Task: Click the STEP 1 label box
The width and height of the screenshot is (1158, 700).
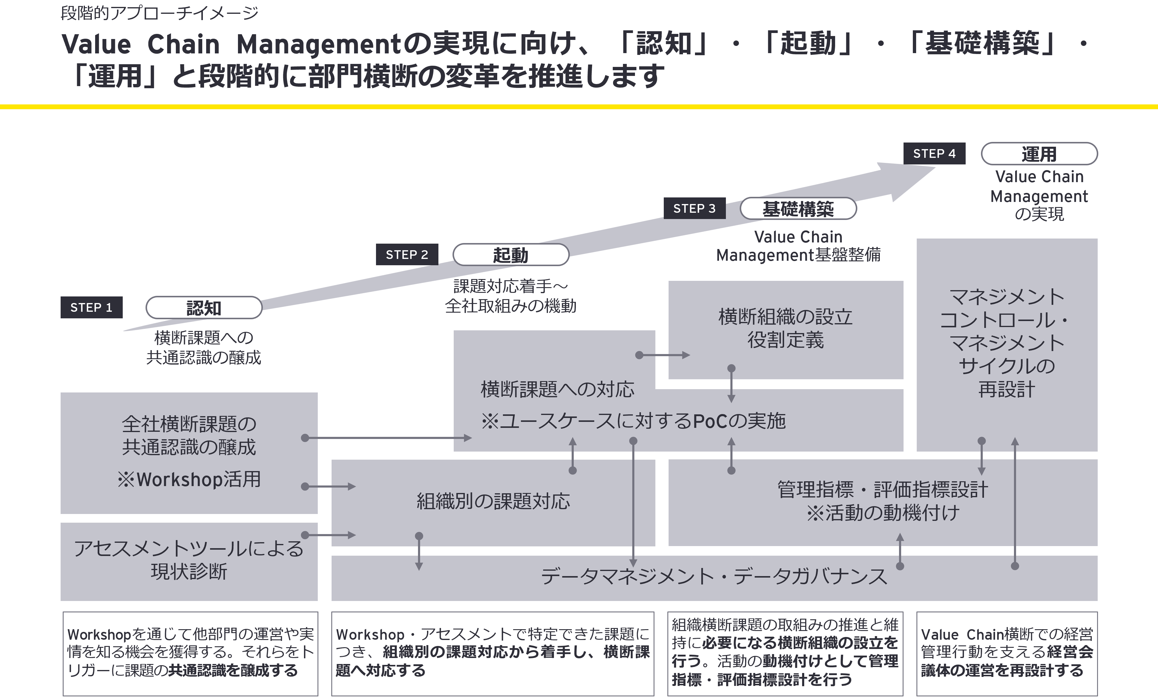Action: (91, 308)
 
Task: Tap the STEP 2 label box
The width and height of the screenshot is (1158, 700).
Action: (407, 255)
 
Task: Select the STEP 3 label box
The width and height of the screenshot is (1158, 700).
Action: (694, 209)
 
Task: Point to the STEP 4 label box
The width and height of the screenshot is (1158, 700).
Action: (934, 154)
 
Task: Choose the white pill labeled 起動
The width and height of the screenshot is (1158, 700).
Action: (510, 255)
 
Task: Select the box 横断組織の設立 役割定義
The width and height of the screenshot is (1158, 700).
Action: (785, 329)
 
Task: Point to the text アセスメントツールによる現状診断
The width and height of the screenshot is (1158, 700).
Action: (189, 560)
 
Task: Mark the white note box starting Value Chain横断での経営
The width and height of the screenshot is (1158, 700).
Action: (1007, 653)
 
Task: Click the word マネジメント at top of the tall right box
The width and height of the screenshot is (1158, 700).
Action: (1007, 297)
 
